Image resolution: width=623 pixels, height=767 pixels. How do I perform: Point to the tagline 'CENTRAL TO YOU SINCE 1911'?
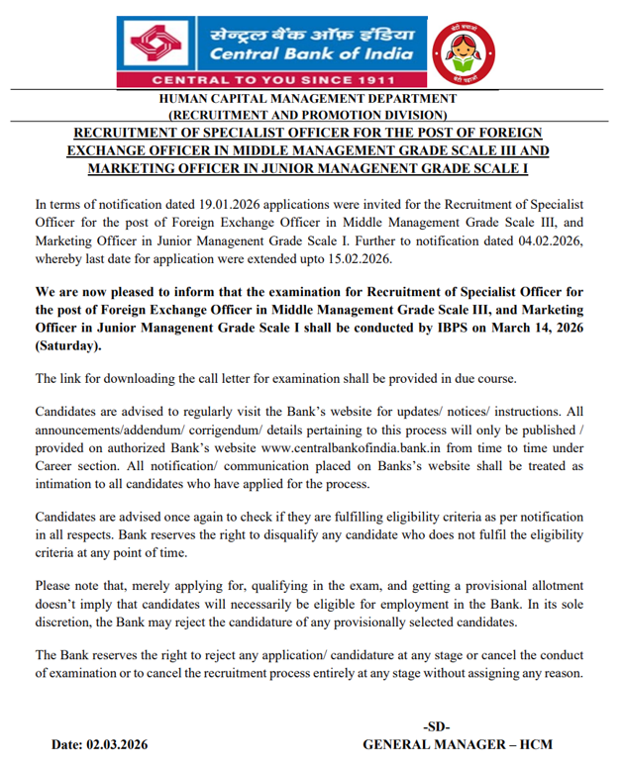point(270,79)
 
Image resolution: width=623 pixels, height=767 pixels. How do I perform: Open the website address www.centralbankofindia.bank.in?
point(346,447)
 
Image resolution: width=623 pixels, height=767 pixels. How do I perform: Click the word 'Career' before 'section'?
point(56,466)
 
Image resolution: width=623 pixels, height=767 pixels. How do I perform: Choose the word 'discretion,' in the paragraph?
point(67,624)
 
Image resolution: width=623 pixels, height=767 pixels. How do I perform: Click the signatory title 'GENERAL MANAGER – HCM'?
point(458,744)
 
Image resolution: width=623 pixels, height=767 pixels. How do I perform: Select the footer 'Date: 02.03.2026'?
point(100,744)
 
